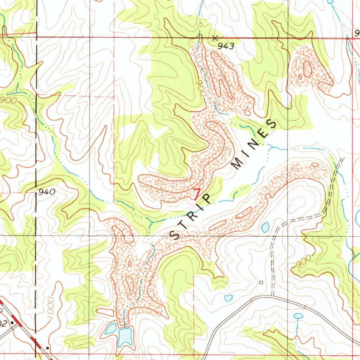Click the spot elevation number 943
click(226, 46)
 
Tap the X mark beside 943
click(215, 37)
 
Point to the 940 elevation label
click(47, 192)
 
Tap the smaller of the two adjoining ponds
click(111, 329)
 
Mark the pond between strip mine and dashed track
click(265, 227)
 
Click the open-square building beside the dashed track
click(261, 282)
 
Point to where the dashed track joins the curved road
click(272, 296)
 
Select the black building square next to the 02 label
click(13, 322)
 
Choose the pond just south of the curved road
click(298, 316)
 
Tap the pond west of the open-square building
click(229, 298)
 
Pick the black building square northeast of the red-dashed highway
click(47, 348)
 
